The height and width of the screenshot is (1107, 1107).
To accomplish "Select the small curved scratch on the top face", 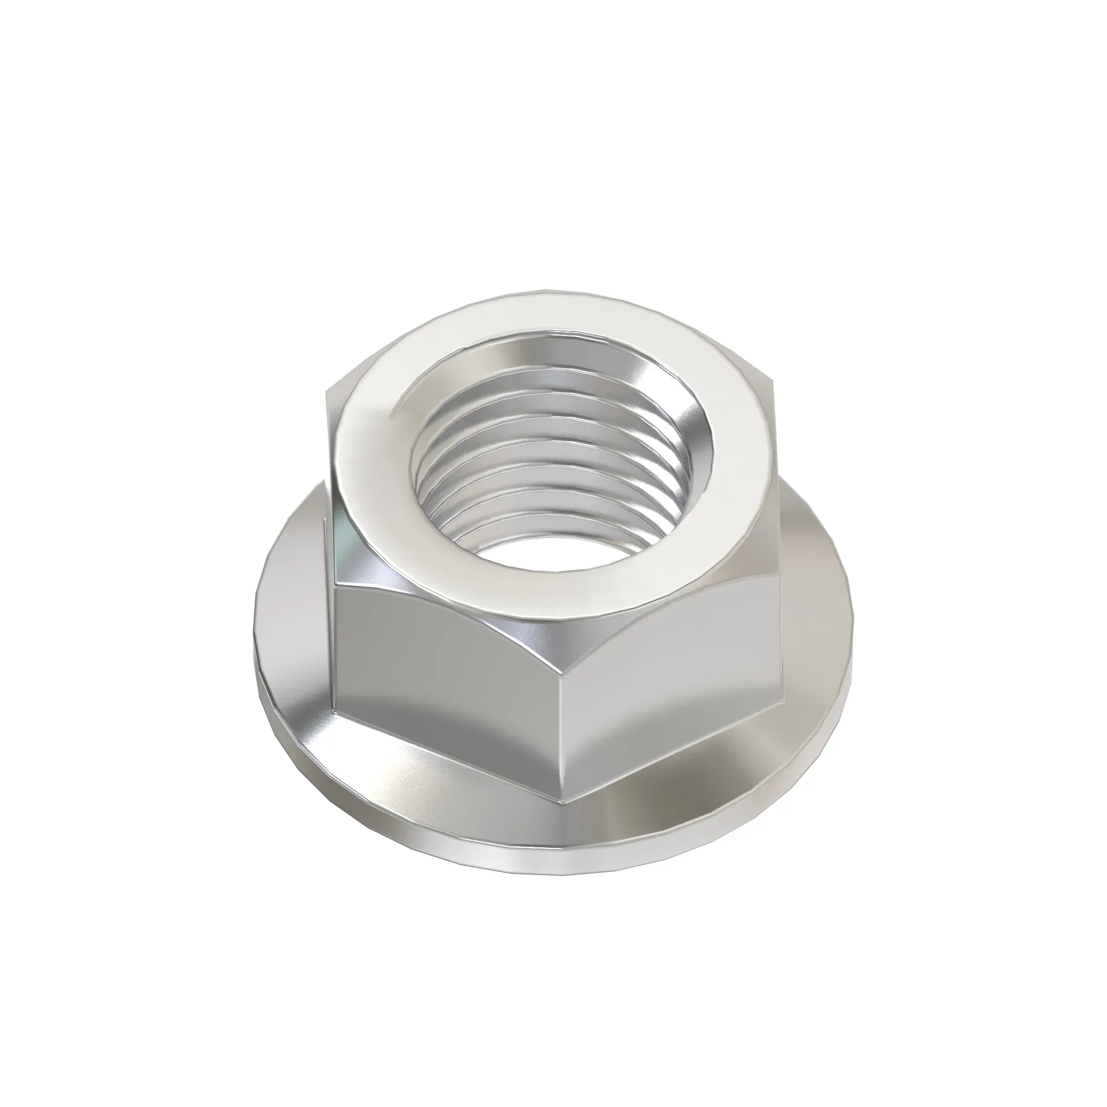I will [x=396, y=409].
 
